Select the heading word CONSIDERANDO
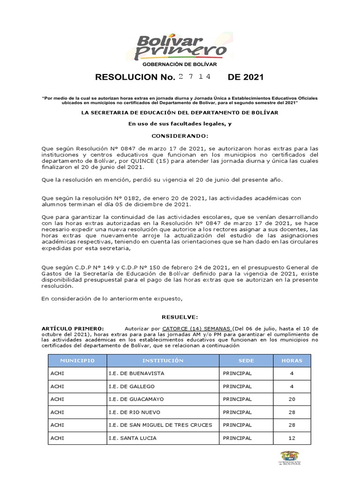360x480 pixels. (x=180, y=135)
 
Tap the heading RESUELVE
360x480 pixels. (x=180, y=317)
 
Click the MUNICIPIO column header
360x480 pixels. (x=77, y=360)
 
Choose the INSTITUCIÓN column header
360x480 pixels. (x=163, y=360)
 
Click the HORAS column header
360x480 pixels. (x=292, y=360)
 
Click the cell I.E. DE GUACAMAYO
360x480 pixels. (x=137, y=399)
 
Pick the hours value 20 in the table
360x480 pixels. (x=292, y=399)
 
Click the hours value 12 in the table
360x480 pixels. (x=292, y=438)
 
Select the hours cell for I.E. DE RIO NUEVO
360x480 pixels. (x=292, y=412)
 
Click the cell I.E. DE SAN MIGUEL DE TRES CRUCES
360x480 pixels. (x=160, y=425)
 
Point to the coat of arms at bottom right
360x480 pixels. (x=290, y=458)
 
